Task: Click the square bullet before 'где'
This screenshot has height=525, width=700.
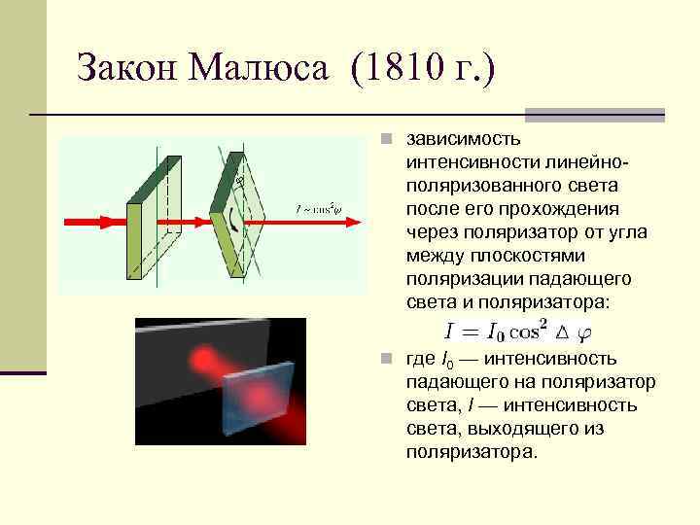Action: (x=386, y=359)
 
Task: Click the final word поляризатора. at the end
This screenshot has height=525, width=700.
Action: (x=472, y=452)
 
